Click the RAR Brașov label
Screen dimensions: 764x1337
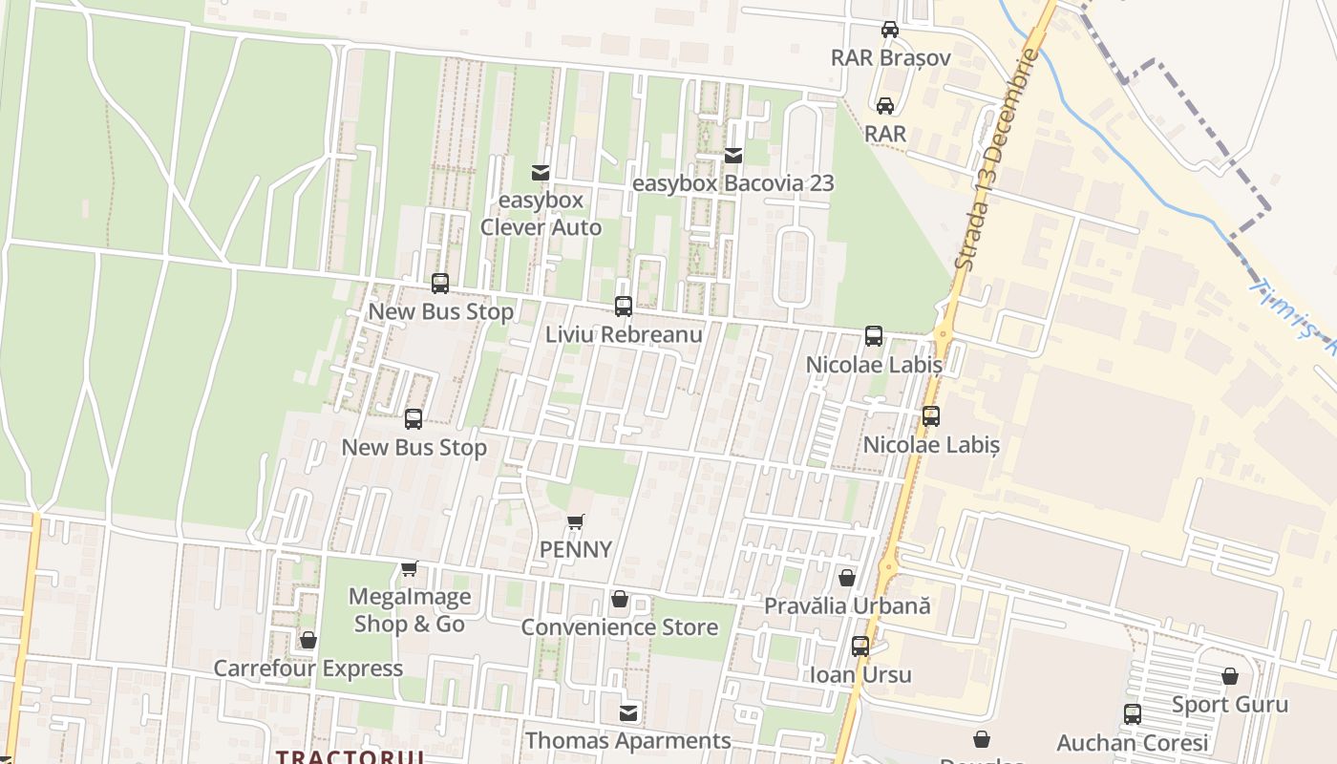tap(890, 57)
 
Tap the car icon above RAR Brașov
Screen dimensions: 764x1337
tap(889, 30)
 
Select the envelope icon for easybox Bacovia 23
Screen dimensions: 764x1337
tap(733, 155)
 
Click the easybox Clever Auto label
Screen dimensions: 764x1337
tap(541, 214)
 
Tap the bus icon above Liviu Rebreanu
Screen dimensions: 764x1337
tap(624, 307)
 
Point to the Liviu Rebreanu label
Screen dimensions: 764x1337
tap(624, 334)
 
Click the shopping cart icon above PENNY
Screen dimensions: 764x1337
tap(575, 521)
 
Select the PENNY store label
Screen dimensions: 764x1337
tap(575, 549)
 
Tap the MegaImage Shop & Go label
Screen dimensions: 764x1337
tap(410, 610)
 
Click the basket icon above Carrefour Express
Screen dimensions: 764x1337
tap(308, 640)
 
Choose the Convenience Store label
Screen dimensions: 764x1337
tap(619, 627)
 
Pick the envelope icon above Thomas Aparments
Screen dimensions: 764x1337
tap(628, 712)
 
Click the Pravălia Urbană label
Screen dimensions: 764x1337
tap(847, 605)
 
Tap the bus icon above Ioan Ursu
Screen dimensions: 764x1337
tap(860, 647)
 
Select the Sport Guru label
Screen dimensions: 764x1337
tap(1230, 705)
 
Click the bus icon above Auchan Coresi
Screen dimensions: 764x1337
tap(1133, 713)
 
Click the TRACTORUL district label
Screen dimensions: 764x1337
tap(350, 756)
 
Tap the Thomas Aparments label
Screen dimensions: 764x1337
tap(628, 740)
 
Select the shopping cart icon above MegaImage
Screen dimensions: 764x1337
tap(410, 568)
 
